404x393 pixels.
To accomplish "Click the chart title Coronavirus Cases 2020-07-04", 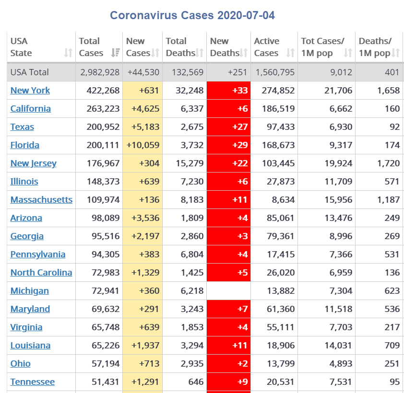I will tap(192, 15).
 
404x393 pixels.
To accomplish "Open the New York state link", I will tap(30, 91).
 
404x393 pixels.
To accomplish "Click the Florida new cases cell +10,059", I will tap(143, 145).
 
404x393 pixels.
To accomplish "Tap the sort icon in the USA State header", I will tap(68, 53).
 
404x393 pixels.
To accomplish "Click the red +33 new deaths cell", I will tap(228, 91).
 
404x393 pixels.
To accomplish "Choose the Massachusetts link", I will tap(41, 200).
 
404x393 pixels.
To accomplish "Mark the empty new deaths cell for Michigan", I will tap(228, 291).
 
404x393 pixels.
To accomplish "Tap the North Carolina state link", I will tap(41, 273).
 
